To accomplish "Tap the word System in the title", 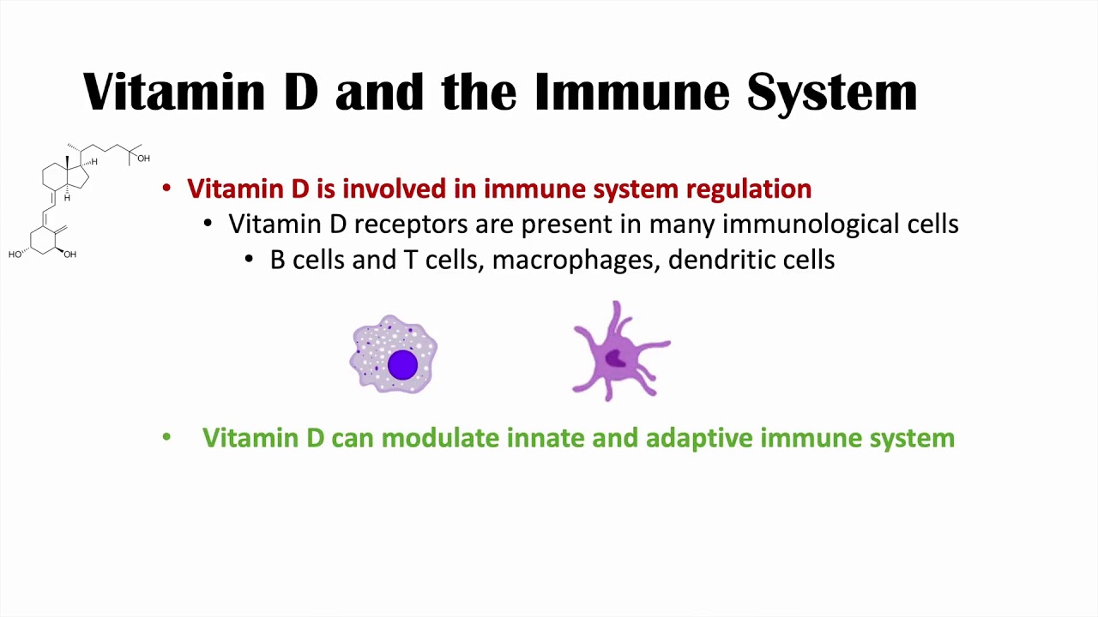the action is coord(832,93).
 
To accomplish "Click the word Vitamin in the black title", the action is coord(174,92).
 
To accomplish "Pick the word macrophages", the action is coord(577,260).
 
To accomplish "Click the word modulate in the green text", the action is coord(440,437).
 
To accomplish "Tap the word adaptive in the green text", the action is coord(699,439).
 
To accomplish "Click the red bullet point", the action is coord(166,189).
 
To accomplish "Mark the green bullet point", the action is coord(166,437).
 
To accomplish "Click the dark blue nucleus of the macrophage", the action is coord(402,365).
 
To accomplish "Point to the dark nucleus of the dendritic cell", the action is coord(615,359).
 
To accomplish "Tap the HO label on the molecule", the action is coord(15,255).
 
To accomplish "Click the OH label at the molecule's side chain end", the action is coord(143,159).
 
